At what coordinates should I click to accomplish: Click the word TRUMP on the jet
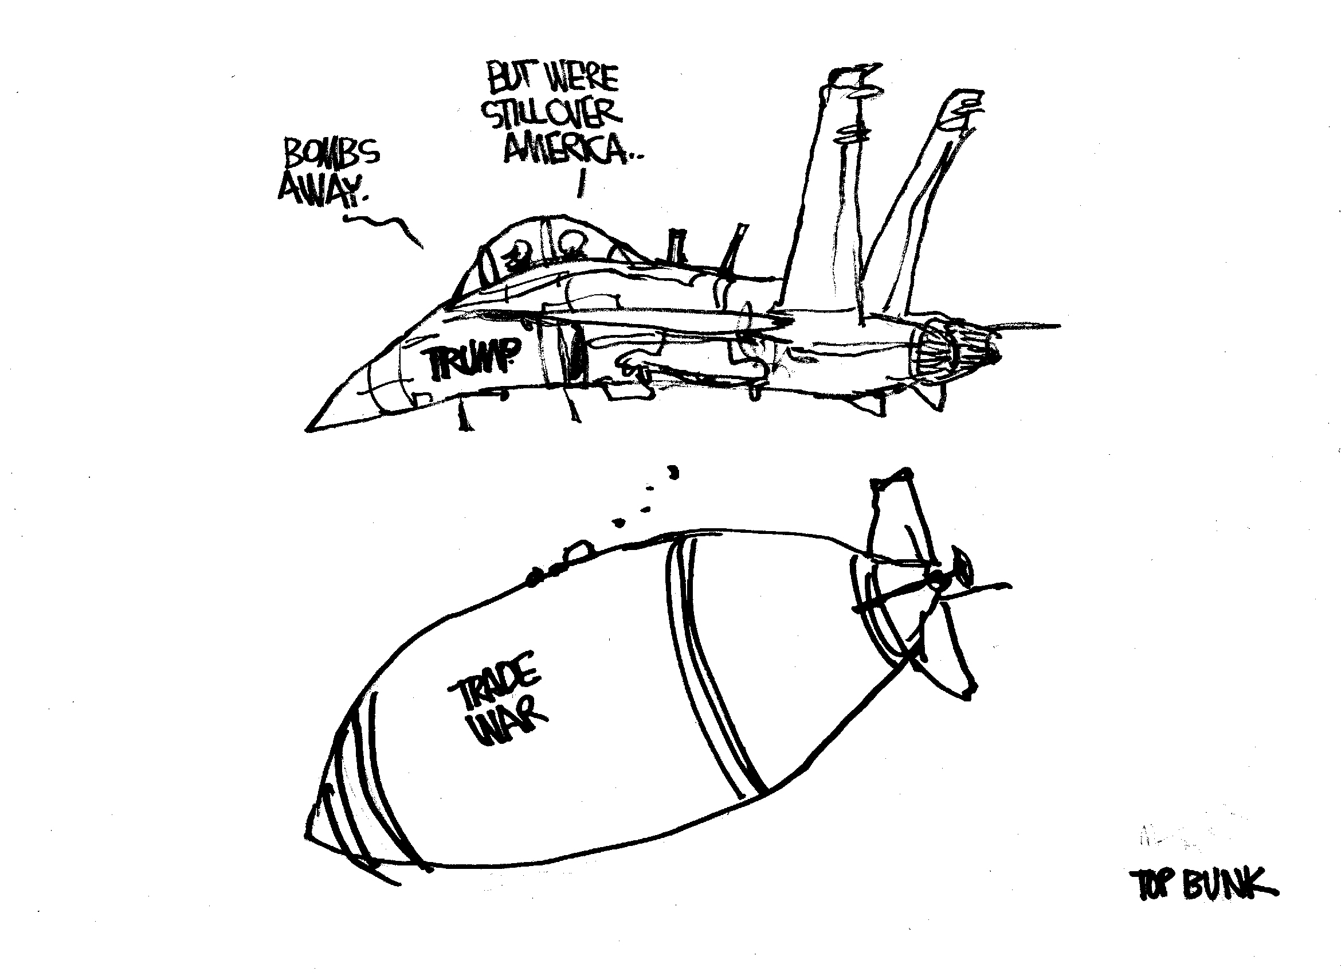(472, 358)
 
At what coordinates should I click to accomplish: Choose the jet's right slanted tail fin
(923, 195)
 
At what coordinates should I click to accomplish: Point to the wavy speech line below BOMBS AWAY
(385, 228)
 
